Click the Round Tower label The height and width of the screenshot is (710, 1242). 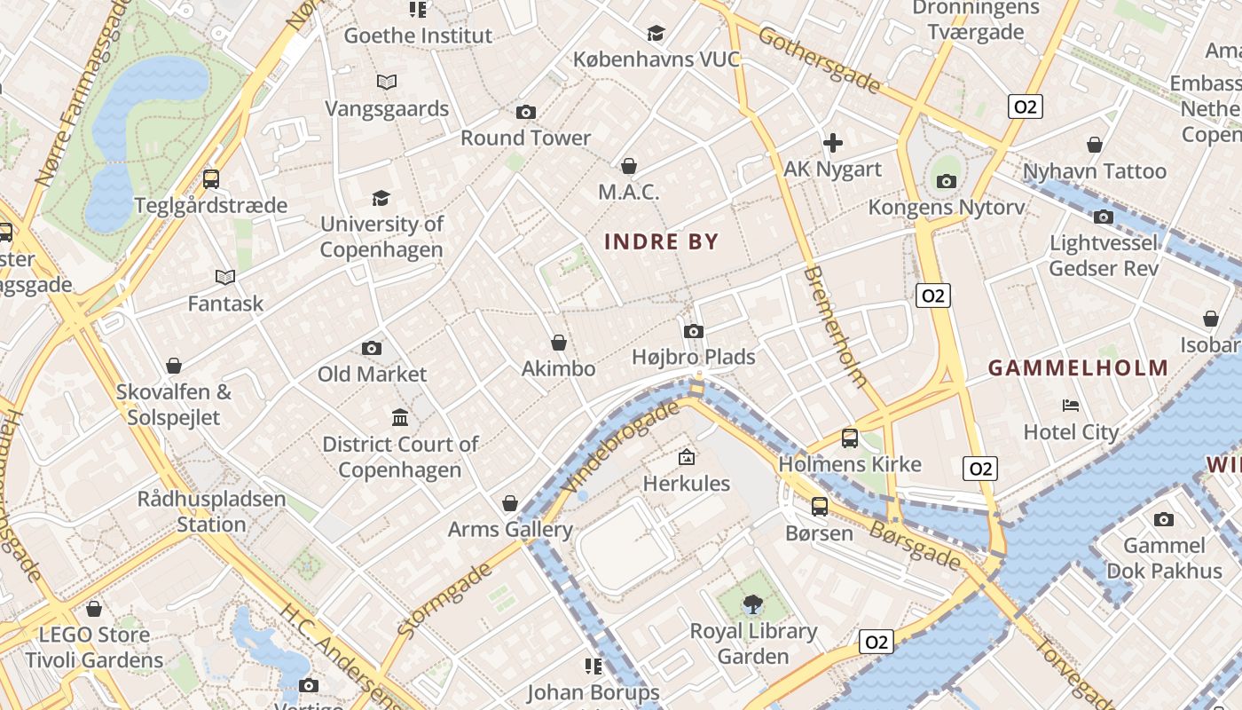pyautogui.click(x=525, y=138)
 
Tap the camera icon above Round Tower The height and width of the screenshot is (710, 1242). pyautogui.click(x=526, y=112)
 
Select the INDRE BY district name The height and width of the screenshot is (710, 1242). pyautogui.click(x=661, y=241)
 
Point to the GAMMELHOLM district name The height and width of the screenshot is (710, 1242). pyautogui.click(x=1078, y=368)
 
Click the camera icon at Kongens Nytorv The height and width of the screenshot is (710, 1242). pyautogui.click(x=947, y=181)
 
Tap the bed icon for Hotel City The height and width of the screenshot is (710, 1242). pyautogui.click(x=1071, y=406)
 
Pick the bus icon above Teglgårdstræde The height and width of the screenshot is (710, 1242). pyautogui.click(x=211, y=178)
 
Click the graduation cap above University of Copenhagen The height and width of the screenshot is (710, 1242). pyautogui.click(x=381, y=197)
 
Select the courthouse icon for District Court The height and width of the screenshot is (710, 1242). pyautogui.click(x=400, y=417)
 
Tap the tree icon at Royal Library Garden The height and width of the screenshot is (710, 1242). pyautogui.click(x=753, y=604)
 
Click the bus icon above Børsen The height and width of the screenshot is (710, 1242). pyautogui.click(x=820, y=506)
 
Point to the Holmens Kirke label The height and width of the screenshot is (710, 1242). pyautogui.click(x=850, y=464)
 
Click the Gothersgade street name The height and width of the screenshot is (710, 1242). pyautogui.click(x=819, y=60)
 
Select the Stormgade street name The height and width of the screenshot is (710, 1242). pyautogui.click(x=444, y=600)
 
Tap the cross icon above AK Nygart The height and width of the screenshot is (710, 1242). pyautogui.click(x=832, y=142)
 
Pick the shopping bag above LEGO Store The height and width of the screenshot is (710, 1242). pyautogui.click(x=94, y=609)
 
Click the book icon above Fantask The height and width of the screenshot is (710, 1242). pyautogui.click(x=225, y=277)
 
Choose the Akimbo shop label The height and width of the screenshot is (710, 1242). pyautogui.click(x=558, y=368)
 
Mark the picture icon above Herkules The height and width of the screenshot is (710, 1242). pyautogui.click(x=686, y=457)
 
